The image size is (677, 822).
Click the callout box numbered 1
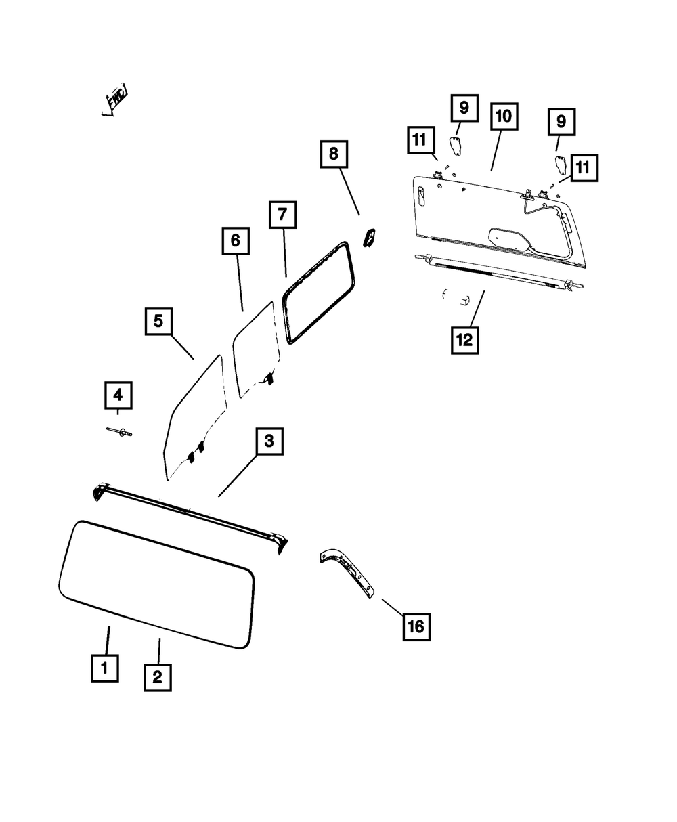click(104, 668)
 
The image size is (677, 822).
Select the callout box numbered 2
click(157, 677)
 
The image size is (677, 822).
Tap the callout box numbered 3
click(269, 442)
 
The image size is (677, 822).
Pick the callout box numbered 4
click(118, 395)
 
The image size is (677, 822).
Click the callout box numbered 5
click(158, 321)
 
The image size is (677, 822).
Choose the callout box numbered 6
click(235, 240)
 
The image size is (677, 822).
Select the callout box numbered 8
click(333, 154)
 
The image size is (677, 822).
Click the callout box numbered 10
click(502, 116)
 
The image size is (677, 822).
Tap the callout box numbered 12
click(464, 340)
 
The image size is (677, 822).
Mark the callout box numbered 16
click(416, 627)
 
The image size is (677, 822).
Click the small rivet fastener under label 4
click(118, 431)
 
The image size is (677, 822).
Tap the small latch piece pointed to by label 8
click(370, 238)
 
